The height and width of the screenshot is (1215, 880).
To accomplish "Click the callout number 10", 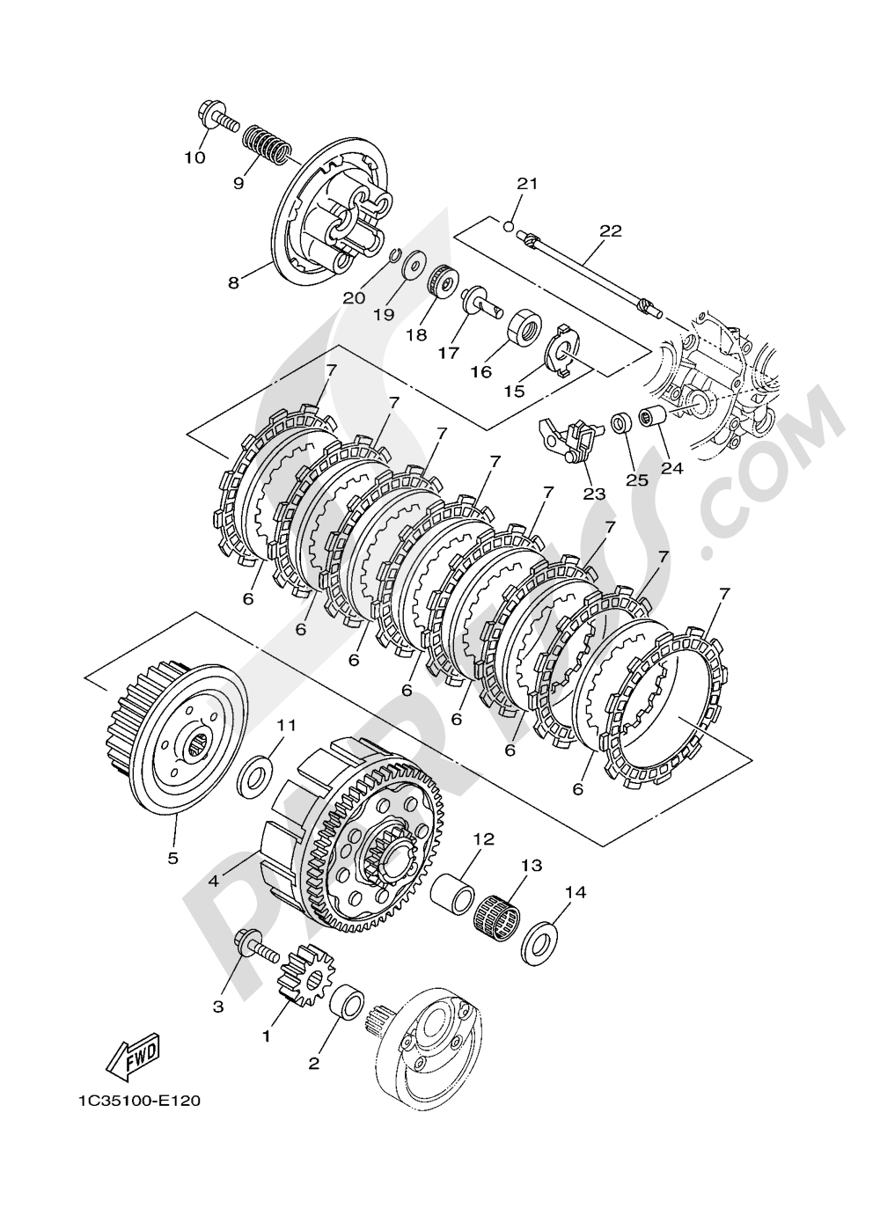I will point(194,157).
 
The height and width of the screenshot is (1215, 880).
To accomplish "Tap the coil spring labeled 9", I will point(266,144).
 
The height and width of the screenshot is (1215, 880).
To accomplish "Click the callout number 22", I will point(610,231).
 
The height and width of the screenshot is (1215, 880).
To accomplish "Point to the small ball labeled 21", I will point(509,227).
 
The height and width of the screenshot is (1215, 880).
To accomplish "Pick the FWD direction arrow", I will point(132,1053).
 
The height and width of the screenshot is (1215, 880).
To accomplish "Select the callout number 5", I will point(172,856).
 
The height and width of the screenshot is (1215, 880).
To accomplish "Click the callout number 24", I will point(671,468).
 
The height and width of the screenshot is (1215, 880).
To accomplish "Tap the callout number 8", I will point(233,282).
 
